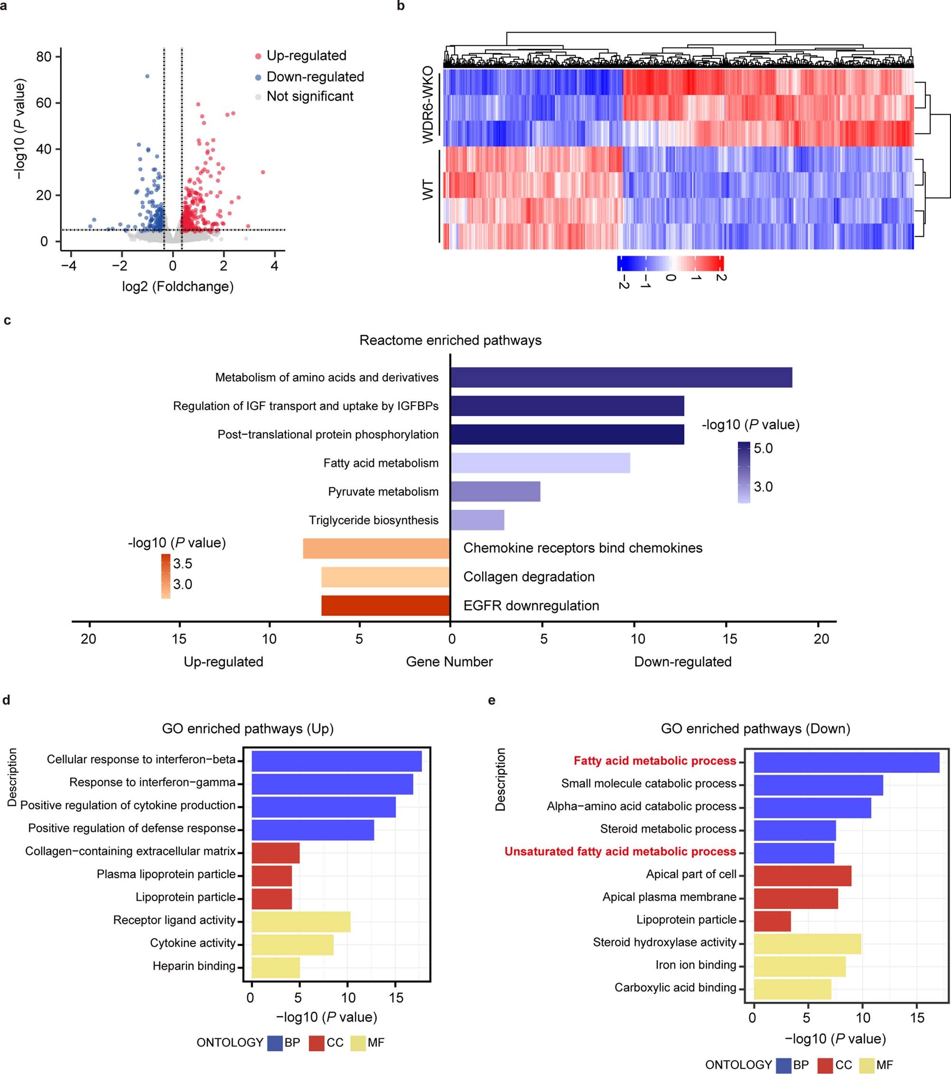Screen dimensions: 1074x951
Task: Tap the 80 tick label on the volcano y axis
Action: [x=44, y=57]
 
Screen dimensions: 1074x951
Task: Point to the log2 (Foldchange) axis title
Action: [x=177, y=287]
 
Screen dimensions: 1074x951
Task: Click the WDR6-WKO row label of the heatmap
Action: [x=429, y=104]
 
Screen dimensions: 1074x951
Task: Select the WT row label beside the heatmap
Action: [x=429, y=190]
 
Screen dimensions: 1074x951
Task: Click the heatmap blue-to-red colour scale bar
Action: [x=670, y=263]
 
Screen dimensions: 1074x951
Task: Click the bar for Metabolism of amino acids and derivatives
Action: [x=621, y=377]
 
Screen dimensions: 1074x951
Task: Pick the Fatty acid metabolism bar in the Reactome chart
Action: [x=540, y=463]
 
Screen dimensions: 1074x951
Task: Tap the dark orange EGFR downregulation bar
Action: [x=385, y=605]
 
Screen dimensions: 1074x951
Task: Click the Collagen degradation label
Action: [x=529, y=576]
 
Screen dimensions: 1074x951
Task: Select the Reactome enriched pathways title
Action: [x=450, y=340]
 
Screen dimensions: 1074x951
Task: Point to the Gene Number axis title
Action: [x=449, y=662]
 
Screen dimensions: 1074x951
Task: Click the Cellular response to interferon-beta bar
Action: [x=336, y=761]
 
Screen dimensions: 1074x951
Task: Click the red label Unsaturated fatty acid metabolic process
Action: [x=620, y=851]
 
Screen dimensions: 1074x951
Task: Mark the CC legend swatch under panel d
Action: [x=317, y=1043]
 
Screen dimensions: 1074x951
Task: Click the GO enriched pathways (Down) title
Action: [x=755, y=728]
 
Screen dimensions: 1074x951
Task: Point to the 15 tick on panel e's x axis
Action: [x=916, y=1018]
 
